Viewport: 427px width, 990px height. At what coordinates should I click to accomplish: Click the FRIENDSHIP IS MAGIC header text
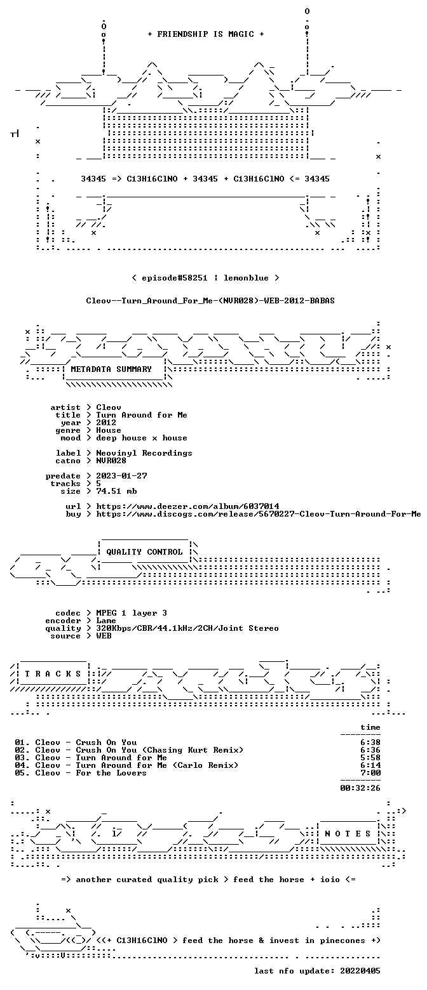(x=206, y=34)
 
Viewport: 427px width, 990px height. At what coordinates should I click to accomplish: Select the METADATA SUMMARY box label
(x=111, y=369)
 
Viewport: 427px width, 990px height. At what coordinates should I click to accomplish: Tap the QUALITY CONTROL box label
(x=144, y=552)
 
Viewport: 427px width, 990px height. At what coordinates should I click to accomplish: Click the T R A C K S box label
(x=53, y=674)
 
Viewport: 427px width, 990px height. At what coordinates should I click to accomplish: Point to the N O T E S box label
(x=348, y=833)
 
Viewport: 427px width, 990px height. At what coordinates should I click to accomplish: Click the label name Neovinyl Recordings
(x=144, y=453)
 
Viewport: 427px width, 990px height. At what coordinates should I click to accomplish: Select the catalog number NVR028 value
(x=111, y=461)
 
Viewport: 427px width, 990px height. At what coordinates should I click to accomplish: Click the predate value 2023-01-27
(x=122, y=476)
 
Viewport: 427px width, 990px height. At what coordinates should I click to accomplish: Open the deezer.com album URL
(x=187, y=506)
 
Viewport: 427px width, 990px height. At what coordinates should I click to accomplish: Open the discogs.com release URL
(x=259, y=514)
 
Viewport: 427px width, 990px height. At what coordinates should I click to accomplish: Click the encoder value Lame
(x=106, y=621)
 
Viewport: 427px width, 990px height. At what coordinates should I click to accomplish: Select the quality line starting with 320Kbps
(x=187, y=628)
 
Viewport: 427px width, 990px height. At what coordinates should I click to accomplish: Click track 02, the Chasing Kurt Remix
(x=129, y=750)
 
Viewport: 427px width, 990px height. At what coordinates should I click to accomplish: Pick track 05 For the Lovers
(x=81, y=773)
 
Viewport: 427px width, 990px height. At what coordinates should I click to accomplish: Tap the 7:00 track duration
(x=370, y=773)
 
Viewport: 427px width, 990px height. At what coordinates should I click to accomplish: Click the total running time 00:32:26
(x=360, y=788)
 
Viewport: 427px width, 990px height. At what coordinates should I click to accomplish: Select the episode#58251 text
(x=174, y=278)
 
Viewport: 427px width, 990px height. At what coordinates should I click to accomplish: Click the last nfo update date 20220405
(x=360, y=971)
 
